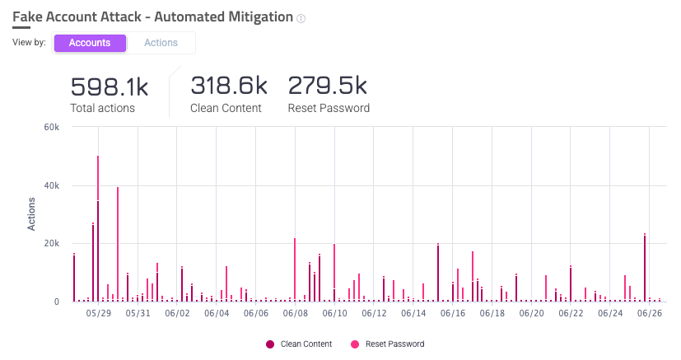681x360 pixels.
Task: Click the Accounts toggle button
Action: click(90, 43)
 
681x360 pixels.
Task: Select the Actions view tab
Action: click(161, 43)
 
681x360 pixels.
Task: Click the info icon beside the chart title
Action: click(301, 18)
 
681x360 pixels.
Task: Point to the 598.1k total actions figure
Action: click(109, 86)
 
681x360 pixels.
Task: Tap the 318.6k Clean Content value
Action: click(228, 86)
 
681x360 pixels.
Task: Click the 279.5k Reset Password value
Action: click(327, 86)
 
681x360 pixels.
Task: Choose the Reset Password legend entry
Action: click(388, 344)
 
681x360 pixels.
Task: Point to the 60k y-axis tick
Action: click(52, 128)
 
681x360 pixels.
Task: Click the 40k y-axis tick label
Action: click(52, 186)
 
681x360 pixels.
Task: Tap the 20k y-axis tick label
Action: click(52, 244)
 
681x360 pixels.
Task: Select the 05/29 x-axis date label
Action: click(98, 313)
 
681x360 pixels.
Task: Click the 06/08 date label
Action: click(295, 313)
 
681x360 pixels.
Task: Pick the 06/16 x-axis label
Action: click(453, 313)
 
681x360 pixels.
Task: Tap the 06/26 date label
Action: click(650, 313)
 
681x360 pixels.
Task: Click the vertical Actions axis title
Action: click(31, 215)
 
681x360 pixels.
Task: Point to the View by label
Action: click(29, 43)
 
